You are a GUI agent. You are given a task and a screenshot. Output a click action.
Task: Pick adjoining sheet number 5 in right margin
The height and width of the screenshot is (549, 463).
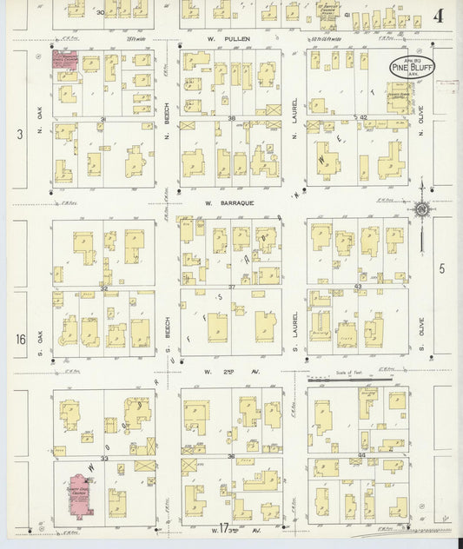[441, 269]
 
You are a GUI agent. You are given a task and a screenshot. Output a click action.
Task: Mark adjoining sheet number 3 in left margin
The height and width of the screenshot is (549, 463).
[18, 132]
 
